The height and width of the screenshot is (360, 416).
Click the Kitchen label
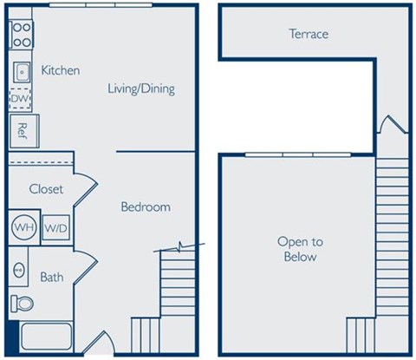(x=61, y=70)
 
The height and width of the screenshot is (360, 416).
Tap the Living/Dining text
(x=141, y=88)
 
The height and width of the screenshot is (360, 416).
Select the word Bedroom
(x=145, y=207)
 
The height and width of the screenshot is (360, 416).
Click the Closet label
(x=45, y=189)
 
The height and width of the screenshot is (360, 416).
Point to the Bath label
(x=52, y=278)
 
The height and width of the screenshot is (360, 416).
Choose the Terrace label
(x=308, y=35)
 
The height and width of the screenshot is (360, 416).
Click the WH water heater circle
(x=23, y=227)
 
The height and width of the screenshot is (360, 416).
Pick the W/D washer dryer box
(x=55, y=227)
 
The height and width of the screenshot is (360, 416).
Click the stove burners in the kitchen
(x=21, y=36)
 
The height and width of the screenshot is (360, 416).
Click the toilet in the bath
(x=23, y=304)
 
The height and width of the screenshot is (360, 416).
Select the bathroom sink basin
(x=19, y=270)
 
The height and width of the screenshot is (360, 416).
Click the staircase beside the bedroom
(x=179, y=283)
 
